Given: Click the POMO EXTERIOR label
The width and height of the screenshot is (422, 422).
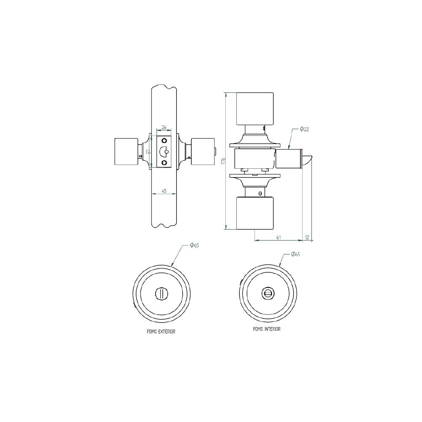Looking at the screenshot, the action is pos(161,332).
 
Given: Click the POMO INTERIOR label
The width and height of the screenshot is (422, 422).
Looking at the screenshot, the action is pos(267,329).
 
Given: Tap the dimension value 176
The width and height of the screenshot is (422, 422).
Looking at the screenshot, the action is pos(223,161).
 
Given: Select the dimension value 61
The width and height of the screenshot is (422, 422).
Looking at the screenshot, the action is pos(279,237).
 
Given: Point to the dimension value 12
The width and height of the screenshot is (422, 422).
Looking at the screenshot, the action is pos(307,237).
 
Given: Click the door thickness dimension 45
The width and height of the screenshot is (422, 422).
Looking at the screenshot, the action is pos(164,191).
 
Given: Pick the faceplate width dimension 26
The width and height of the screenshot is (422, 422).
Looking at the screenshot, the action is pos(164,127).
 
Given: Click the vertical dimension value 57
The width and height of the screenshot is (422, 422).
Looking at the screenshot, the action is pos(148,152).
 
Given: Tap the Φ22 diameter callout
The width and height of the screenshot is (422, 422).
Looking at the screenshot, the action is pos(304,129).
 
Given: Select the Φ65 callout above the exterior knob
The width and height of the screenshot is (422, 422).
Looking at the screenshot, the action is pos(194,245).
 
